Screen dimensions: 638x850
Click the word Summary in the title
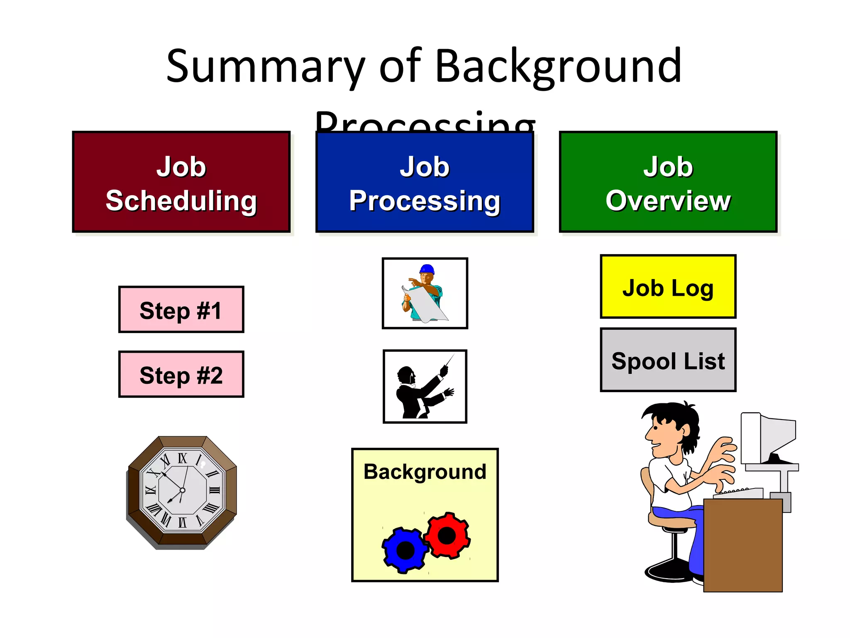tap(266, 66)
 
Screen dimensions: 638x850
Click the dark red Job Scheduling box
tap(181, 182)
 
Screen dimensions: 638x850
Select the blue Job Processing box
tap(425, 182)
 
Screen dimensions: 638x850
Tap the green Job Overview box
tap(668, 182)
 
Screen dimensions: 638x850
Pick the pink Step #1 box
tap(181, 310)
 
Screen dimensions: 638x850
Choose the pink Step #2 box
tap(181, 375)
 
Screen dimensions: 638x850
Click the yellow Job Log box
tap(668, 287)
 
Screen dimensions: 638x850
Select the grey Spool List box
tap(668, 360)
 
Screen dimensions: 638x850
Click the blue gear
tap(405, 550)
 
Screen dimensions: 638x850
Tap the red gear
tap(447, 535)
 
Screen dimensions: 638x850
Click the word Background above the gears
tap(425, 472)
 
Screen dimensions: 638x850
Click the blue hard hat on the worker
tap(427, 269)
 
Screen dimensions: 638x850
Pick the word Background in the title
tap(558, 66)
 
